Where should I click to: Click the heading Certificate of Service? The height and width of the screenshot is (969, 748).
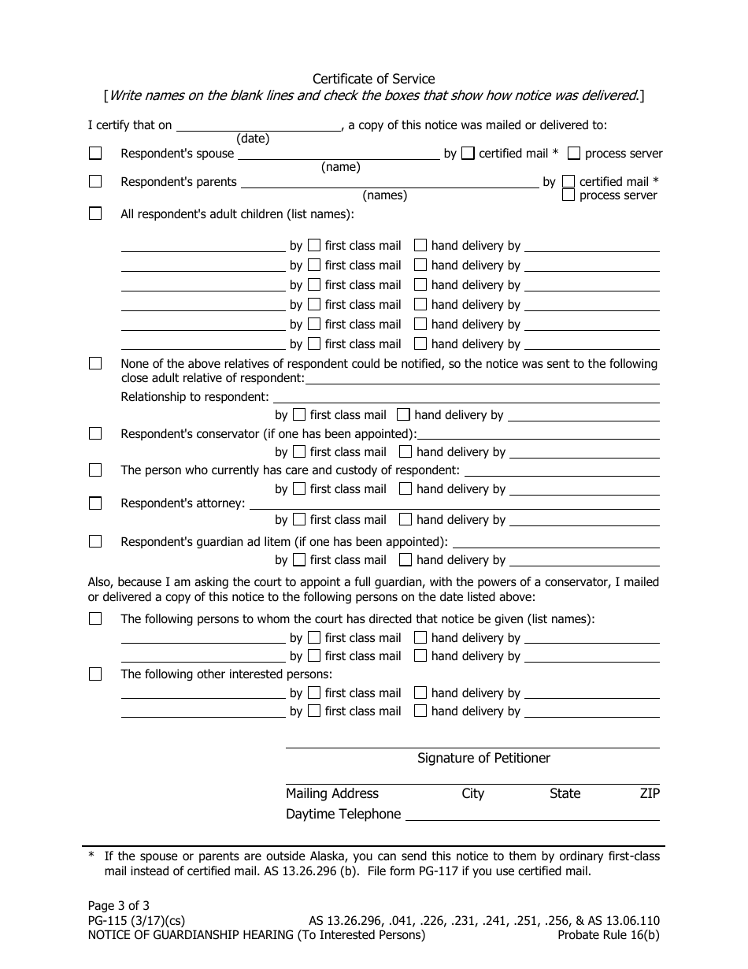click(373, 79)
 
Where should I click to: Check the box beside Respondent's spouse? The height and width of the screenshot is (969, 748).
click(95, 154)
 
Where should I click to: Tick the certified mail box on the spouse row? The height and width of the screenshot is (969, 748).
click(468, 154)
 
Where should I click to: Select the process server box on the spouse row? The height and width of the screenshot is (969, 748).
click(574, 154)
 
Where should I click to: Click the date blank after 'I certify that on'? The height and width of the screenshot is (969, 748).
click(258, 125)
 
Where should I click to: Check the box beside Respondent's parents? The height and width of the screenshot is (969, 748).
click(95, 181)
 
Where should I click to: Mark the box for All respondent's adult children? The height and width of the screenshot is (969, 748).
click(95, 213)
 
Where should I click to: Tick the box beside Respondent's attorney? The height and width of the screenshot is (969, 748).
click(95, 503)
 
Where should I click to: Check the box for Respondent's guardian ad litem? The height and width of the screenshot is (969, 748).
click(95, 541)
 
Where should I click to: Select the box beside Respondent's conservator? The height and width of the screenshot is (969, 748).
click(95, 433)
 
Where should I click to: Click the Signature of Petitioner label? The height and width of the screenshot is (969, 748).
click(483, 758)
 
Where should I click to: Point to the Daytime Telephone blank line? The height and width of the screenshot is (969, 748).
click(531, 815)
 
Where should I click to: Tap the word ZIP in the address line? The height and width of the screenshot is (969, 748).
click(650, 793)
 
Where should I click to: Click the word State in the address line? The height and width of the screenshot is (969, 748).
click(565, 793)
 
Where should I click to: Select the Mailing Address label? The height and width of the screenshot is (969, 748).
click(332, 793)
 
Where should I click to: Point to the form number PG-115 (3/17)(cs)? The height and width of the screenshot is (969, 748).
click(136, 921)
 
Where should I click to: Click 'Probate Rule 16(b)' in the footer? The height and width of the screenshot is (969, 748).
click(608, 935)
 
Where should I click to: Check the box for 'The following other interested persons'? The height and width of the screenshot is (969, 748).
click(95, 674)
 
